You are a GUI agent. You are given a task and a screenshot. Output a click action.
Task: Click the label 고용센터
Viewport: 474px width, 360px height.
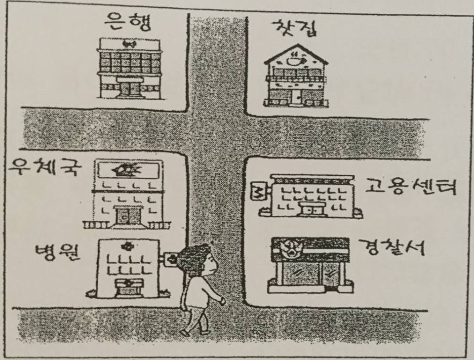pos(410,188)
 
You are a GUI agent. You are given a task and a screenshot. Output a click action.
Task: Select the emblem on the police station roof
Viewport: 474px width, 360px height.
pos(289,247)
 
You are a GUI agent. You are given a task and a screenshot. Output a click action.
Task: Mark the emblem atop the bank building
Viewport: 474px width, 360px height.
pos(129,45)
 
